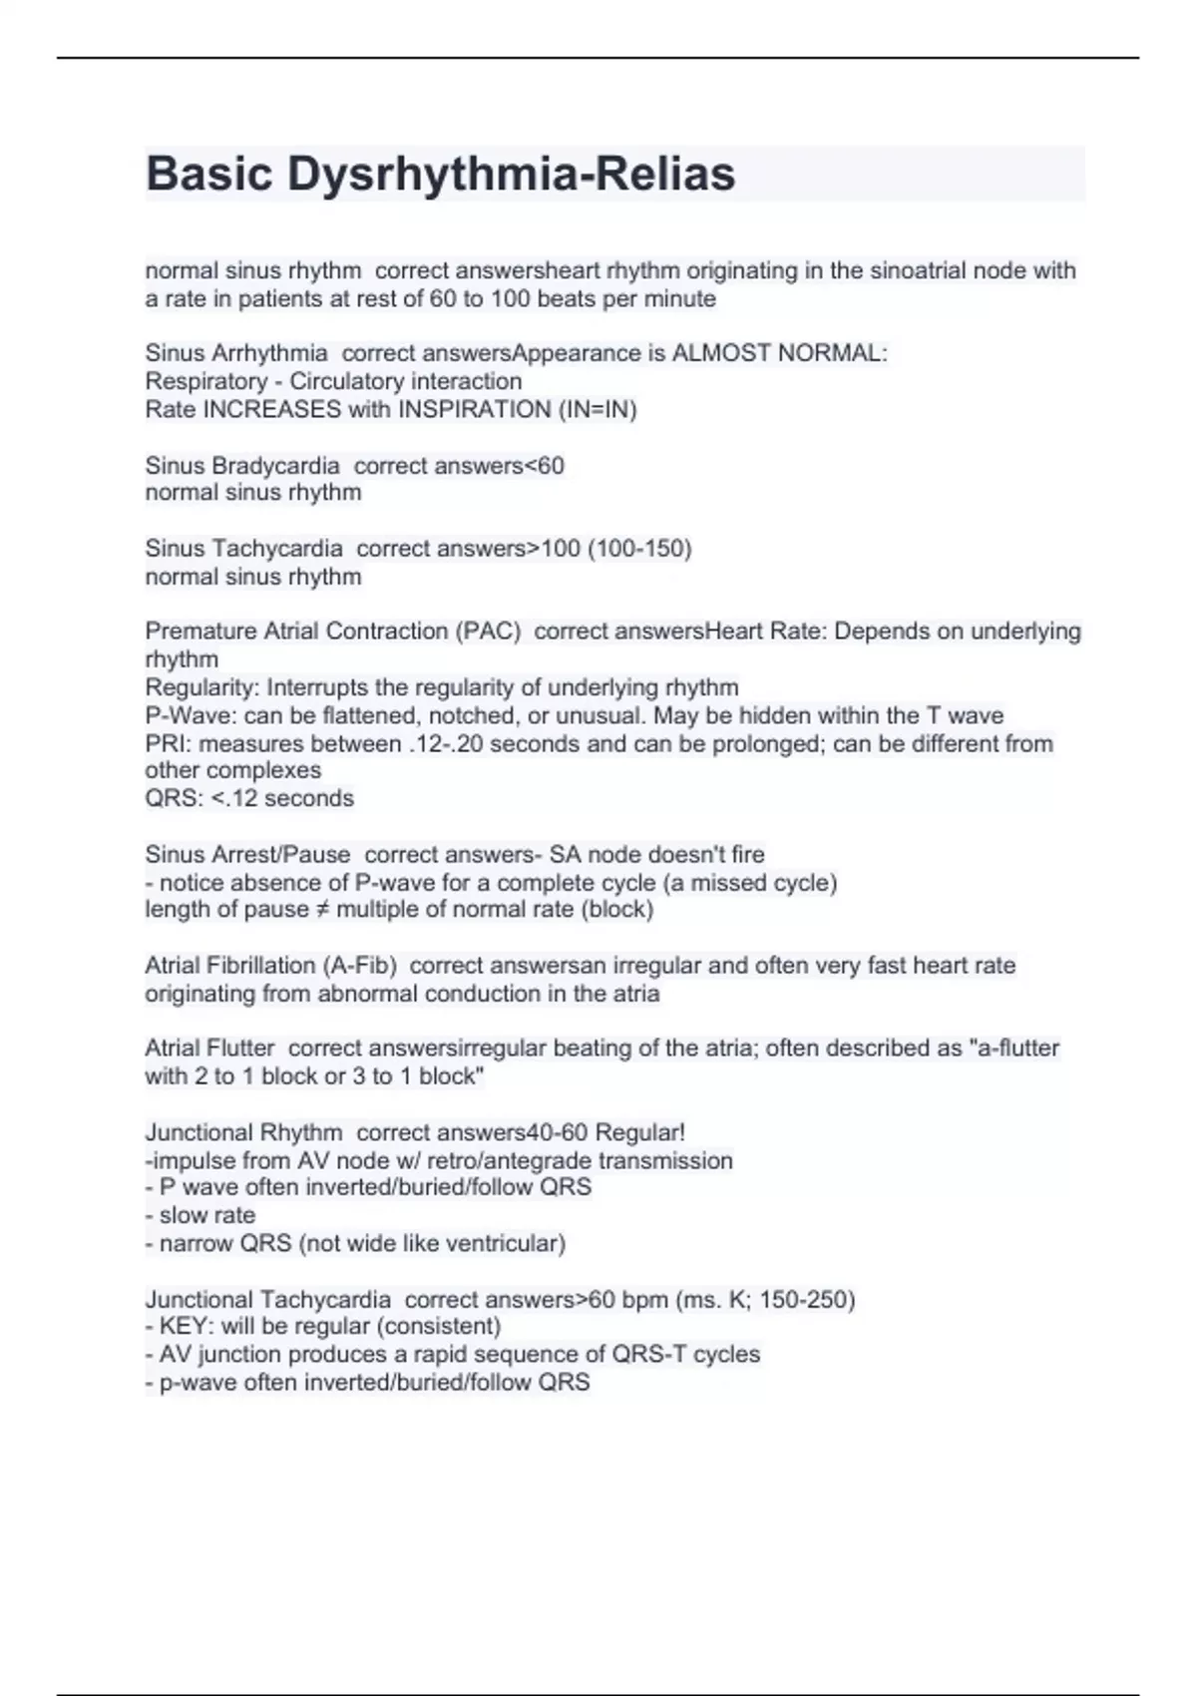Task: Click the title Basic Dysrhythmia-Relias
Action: (x=440, y=174)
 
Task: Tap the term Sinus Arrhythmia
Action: (x=236, y=353)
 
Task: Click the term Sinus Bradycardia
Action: (x=242, y=466)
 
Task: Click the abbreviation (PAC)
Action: (x=488, y=632)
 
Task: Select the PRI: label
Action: (x=169, y=743)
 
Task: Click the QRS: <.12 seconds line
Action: (x=249, y=798)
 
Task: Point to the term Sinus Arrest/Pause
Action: (x=247, y=855)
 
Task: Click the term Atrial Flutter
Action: (x=209, y=1049)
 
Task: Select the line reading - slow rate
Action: (x=200, y=1215)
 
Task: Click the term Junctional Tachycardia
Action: (x=267, y=1300)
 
